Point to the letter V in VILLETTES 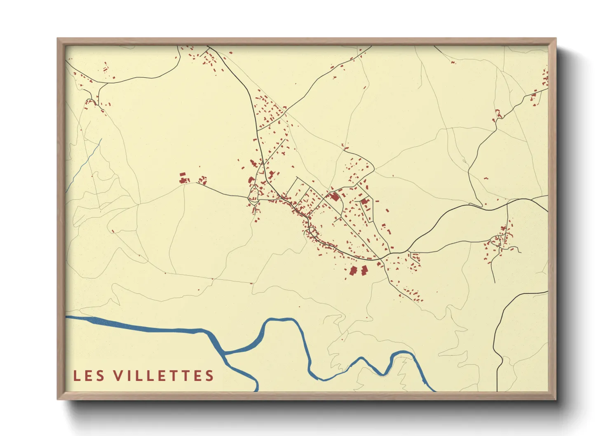(119, 375)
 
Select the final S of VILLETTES (210, 375)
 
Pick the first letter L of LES (77, 375)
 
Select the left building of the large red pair (353, 271)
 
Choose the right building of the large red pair (364, 270)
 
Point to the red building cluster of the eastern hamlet (500, 241)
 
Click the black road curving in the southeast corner (507, 313)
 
